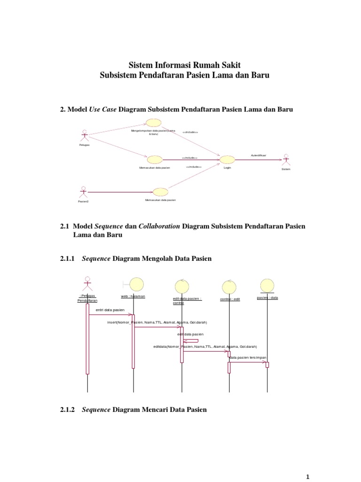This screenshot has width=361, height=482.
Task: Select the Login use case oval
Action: pyautogui.click(x=228, y=160)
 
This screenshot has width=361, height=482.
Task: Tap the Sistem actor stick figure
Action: pyautogui.click(x=285, y=159)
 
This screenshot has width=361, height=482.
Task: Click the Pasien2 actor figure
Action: pyautogui.click(x=84, y=192)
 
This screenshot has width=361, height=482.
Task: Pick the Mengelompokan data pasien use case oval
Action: pyautogui.click(x=154, y=123)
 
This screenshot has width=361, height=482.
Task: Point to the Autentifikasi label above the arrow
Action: pyautogui.click(x=258, y=155)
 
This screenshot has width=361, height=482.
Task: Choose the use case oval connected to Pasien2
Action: pyautogui.click(x=160, y=192)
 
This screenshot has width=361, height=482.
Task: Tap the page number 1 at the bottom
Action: pyautogui.click(x=308, y=477)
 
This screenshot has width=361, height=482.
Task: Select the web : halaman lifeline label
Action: pyautogui.click(x=133, y=296)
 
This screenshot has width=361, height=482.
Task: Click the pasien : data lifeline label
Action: pyautogui.click(x=267, y=297)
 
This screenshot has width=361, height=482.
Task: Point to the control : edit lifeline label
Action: pyautogui.click(x=230, y=299)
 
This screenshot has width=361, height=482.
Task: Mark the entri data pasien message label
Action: pyautogui.click(x=110, y=310)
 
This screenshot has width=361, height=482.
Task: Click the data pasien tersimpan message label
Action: pyautogui.click(x=247, y=357)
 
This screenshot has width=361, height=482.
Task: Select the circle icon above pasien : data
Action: pyautogui.click(x=267, y=285)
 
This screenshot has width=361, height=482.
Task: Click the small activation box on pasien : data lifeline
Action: pyautogui.click(x=267, y=364)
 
